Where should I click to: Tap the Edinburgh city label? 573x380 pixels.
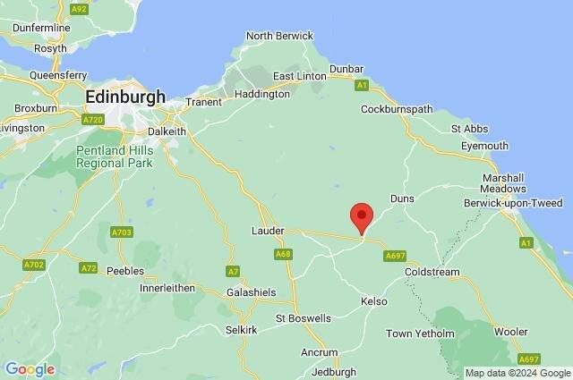(x=125, y=96)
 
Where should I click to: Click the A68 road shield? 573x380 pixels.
(x=283, y=255)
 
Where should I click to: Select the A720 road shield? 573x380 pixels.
(x=92, y=119)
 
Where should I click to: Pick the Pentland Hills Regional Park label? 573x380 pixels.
(x=114, y=156)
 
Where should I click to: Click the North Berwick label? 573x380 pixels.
(x=279, y=36)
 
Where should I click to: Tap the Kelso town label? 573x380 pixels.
(x=374, y=301)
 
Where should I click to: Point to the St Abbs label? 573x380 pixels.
(x=468, y=129)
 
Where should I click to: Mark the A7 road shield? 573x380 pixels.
(x=233, y=270)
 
